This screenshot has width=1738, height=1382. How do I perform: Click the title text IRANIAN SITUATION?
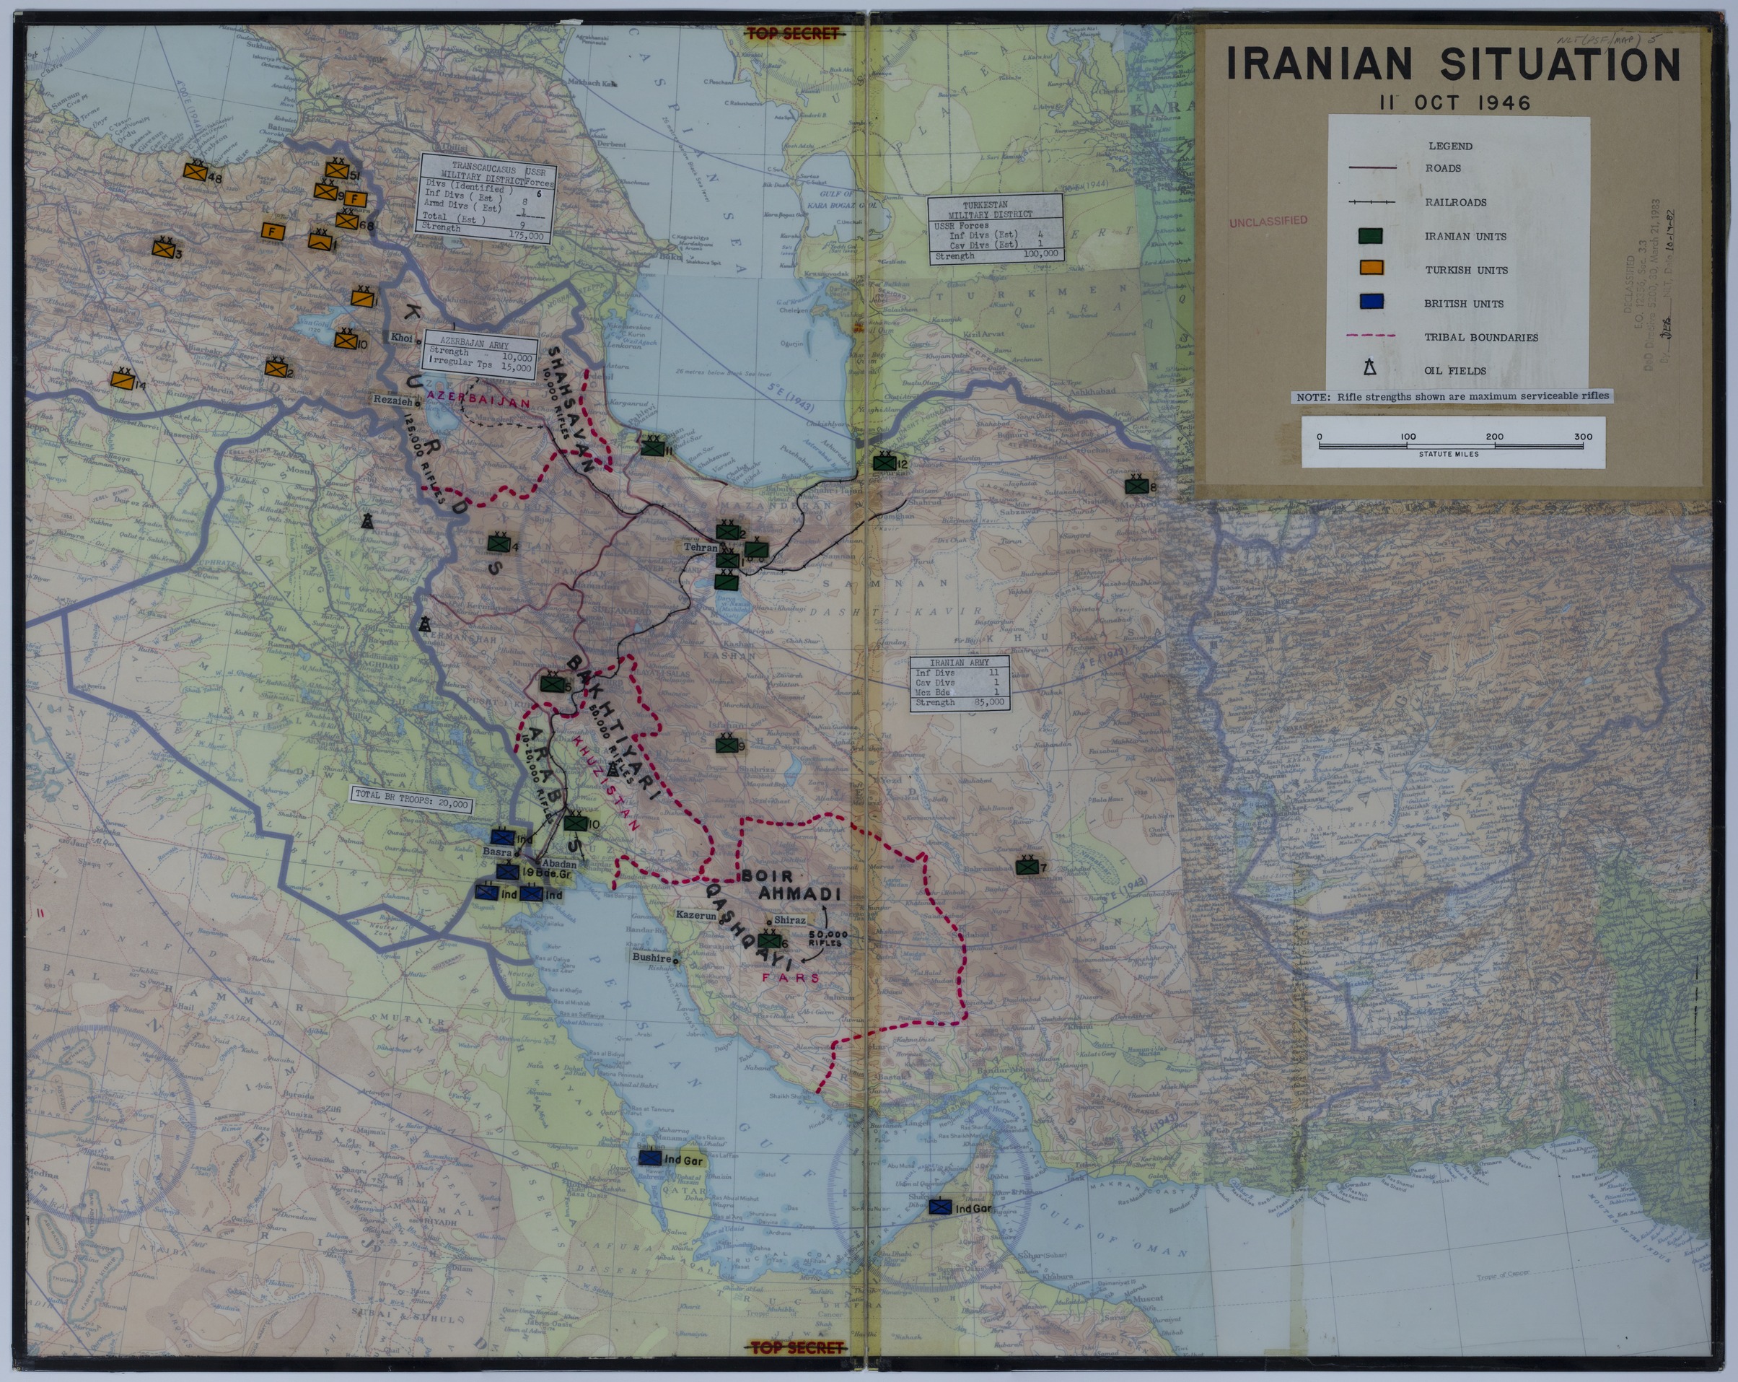pyautogui.click(x=1452, y=64)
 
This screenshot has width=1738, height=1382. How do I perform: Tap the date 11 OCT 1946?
pyautogui.click(x=1454, y=103)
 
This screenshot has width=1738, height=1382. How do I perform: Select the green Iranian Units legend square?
pyautogui.click(x=1370, y=235)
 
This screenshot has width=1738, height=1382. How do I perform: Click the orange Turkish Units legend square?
pyautogui.click(x=1370, y=268)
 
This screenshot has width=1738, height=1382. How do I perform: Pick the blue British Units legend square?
pyautogui.click(x=1370, y=302)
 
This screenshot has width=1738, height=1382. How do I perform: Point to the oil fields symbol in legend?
pyautogui.click(x=1369, y=369)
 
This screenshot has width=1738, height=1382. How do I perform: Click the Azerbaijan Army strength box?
pyautogui.click(x=478, y=355)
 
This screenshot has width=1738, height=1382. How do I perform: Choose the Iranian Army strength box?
pyautogui.click(x=959, y=683)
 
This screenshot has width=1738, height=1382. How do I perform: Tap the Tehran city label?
pyautogui.click(x=700, y=548)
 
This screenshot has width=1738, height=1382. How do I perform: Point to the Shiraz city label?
pyautogui.click(x=789, y=920)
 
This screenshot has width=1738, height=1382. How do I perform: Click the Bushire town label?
pyautogui.click(x=651, y=958)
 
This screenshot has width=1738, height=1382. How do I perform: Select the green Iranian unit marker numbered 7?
pyautogui.click(x=1026, y=867)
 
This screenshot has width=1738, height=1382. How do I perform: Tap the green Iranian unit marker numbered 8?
pyautogui.click(x=1136, y=486)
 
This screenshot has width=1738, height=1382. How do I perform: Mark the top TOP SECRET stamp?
pyautogui.click(x=792, y=34)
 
